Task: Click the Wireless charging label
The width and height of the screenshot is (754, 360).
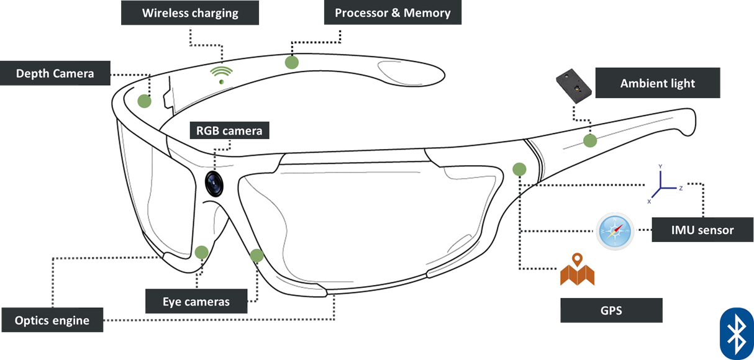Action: pyautogui.click(x=189, y=12)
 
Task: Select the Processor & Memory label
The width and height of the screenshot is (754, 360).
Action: pyautogui.click(x=393, y=12)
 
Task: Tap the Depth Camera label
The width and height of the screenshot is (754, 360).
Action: pyautogui.click(x=55, y=73)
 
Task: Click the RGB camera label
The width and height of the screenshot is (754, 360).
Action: pyautogui.click(x=229, y=130)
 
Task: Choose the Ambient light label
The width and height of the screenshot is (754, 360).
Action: pyautogui.click(x=657, y=83)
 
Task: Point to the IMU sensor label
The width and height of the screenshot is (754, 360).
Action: pyautogui.click(x=702, y=230)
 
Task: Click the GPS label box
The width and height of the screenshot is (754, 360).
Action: pyautogui.click(x=611, y=310)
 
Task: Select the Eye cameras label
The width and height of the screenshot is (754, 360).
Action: pyautogui.click(x=196, y=302)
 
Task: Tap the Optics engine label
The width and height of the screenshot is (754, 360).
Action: pyautogui.click(x=52, y=320)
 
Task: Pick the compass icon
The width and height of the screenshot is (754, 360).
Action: pyautogui.click(x=615, y=231)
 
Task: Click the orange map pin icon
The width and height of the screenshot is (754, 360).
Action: pyautogui.click(x=577, y=270)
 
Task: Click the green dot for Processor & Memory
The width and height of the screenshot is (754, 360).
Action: pyautogui.click(x=291, y=62)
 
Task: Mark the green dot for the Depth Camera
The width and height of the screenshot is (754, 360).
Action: pyautogui.click(x=144, y=101)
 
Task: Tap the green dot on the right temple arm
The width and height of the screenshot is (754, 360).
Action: pyautogui.click(x=589, y=140)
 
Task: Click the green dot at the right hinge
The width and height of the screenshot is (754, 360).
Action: pyautogui.click(x=519, y=168)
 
